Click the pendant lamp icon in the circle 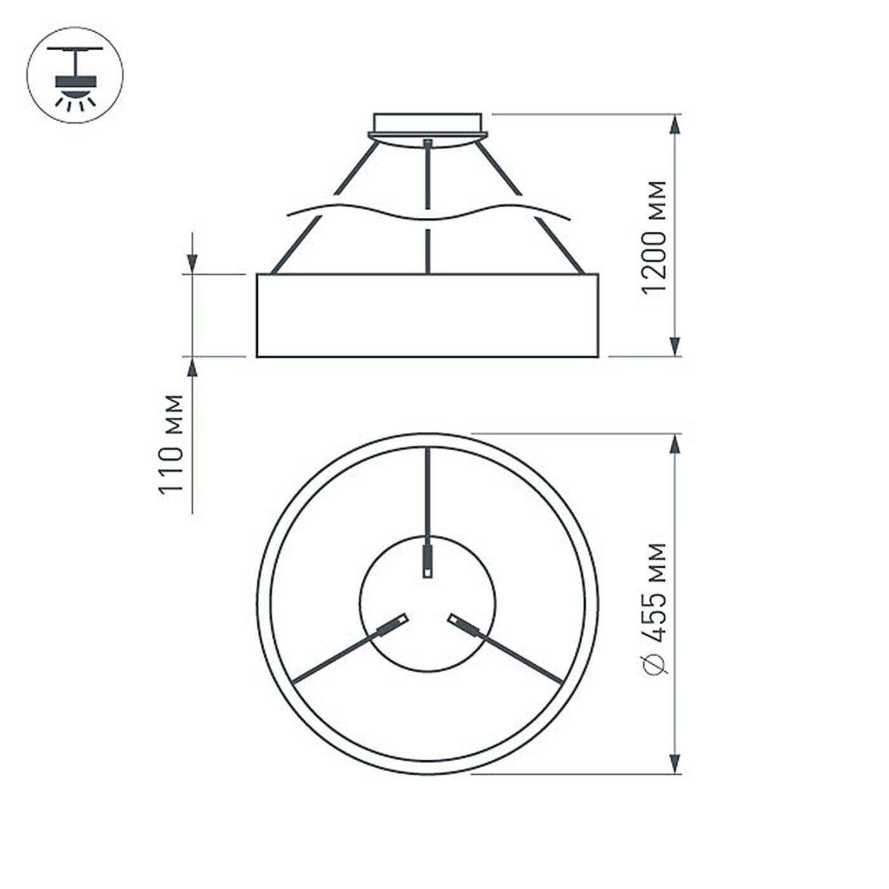(75, 75)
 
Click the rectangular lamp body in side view (427, 316)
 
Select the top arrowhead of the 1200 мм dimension (676, 125)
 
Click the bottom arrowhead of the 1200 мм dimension (676, 346)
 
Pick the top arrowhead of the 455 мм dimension (676, 444)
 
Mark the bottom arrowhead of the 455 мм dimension (676, 763)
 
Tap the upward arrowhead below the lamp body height (192, 368)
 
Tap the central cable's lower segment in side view (427, 251)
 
